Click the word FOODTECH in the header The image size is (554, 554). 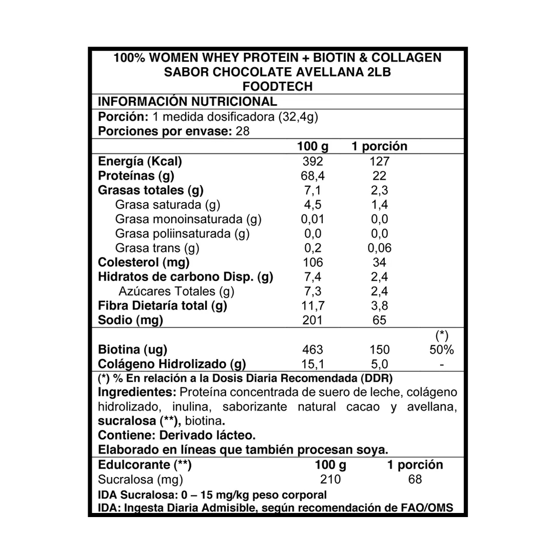coord(277,87)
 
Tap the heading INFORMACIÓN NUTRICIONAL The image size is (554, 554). coord(187,101)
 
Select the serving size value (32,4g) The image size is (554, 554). coord(298,116)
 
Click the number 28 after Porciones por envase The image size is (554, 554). coord(242,131)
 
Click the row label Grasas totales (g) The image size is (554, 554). coord(150,190)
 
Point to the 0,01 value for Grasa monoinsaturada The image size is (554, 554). coord(312,220)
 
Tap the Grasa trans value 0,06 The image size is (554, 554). coord(379,248)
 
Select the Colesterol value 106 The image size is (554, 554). coord(312,263)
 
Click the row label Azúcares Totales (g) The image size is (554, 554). coord(176,292)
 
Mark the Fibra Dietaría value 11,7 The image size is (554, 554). coord(312,306)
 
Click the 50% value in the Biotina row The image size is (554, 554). coord(442,350)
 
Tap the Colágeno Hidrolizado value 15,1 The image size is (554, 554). coord(312,364)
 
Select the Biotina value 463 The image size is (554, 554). coord(312,350)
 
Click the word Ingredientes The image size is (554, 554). coord(136,392)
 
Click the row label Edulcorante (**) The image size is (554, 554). coord(144,465)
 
